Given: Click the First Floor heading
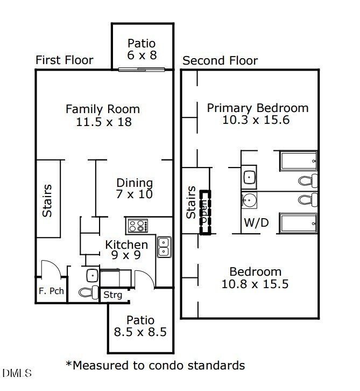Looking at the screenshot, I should click(x=64, y=60).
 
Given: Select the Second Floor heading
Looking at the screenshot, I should click(x=220, y=61).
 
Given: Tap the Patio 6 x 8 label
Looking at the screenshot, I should click(x=142, y=49).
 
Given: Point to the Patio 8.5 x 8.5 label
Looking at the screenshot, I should click(x=140, y=326).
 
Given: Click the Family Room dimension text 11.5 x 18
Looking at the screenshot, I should click(x=103, y=122).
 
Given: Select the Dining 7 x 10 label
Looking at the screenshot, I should click(x=135, y=188).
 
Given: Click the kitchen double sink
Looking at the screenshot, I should click(x=164, y=247).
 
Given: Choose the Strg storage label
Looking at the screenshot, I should click(x=113, y=295).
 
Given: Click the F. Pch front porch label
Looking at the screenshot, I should click(x=51, y=291).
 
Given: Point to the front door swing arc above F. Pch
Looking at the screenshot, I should click(x=51, y=268).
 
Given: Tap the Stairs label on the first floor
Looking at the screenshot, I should click(x=48, y=200).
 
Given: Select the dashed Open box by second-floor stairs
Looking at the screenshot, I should click(x=204, y=212).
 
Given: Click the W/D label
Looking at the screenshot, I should click(x=256, y=222).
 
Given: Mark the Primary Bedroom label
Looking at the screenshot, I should click(x=257, y=108).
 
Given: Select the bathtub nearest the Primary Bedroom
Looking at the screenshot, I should click(x=298, y=162).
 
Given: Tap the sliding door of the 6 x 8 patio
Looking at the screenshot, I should click(x=142, y=69).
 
